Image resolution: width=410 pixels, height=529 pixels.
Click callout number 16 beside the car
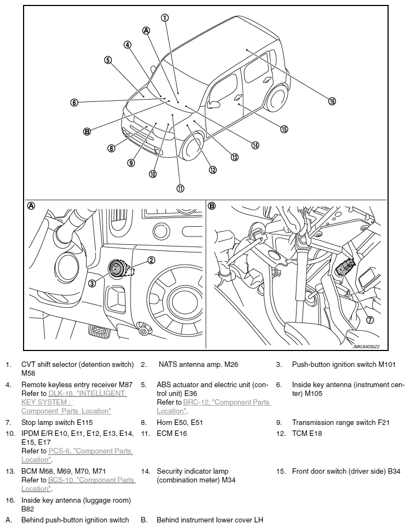pos(332,101)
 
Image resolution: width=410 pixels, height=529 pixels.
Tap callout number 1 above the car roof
pos(164,17)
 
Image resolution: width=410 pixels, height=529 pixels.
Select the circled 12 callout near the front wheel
pos(213,169)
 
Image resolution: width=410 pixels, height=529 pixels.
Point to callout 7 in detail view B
pos(370,320)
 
